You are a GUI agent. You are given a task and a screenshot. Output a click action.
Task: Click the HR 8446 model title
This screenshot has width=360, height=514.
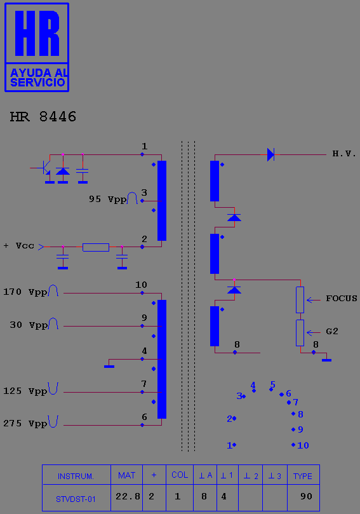[x=43, y=117]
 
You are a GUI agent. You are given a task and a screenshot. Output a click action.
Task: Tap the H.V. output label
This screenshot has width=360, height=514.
[x=344, y=153]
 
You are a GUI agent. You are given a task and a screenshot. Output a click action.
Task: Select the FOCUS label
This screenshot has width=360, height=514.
[x=342, y=299]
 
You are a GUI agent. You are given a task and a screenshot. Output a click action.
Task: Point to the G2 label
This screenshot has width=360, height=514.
[x=332, y=332]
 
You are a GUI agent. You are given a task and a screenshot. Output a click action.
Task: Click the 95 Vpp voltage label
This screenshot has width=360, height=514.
[x=108, y=200]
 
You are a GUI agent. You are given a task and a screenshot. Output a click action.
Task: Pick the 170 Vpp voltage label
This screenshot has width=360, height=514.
[x=25, y=292]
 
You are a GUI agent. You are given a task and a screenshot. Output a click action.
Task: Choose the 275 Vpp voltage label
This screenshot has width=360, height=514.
[x=25, y=424]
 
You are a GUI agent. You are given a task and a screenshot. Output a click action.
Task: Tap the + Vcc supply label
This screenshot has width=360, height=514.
[x=18, y=246]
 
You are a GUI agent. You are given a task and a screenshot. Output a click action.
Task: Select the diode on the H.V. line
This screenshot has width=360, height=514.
[x=270, y=154]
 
